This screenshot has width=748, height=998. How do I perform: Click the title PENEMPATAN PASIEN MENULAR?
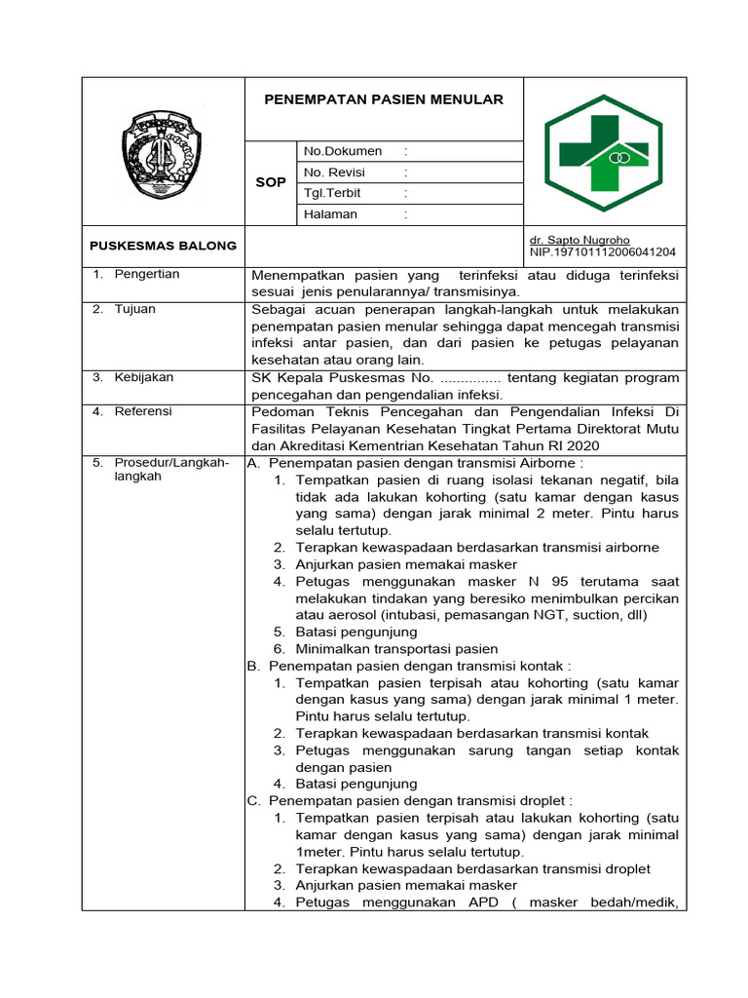click(x=384, y=99)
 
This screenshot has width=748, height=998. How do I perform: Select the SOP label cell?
click(x=270, y=182)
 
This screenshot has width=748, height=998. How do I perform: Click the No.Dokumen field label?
click(x=343, y=151)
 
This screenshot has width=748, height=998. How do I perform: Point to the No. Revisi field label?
click(x=334, y=172)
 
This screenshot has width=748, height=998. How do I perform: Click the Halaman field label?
click(x=330, y=214)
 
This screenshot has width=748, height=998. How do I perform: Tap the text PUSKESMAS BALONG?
click(x=163, y=246)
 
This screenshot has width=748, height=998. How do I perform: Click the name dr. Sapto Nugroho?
click(x=579, y=240)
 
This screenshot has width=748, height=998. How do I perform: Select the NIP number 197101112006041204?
click(x=602, y=252)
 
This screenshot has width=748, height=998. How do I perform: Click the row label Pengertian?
click(x=147, y=275)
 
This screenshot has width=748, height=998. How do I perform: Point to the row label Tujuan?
click(x=134, y=310)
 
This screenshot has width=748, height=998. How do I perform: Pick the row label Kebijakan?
click(x=143, y=376)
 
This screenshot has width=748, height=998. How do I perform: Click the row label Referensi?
click(x=143, y=411)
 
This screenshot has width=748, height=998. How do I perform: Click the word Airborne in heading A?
click(x=549, y=463)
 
